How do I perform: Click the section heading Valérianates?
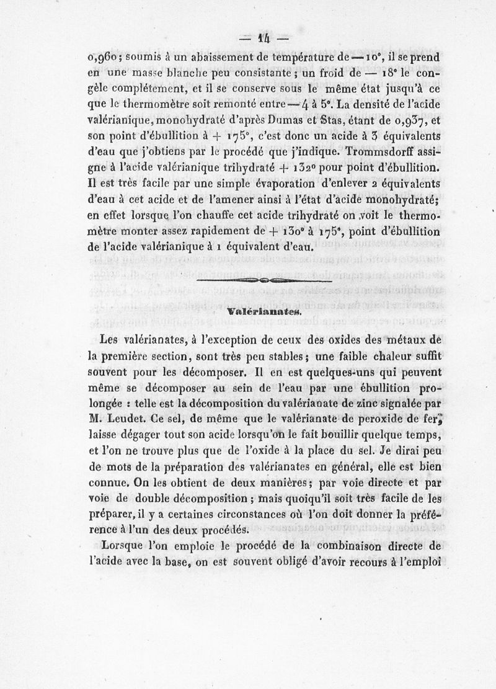263,312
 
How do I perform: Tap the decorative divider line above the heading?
264,282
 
